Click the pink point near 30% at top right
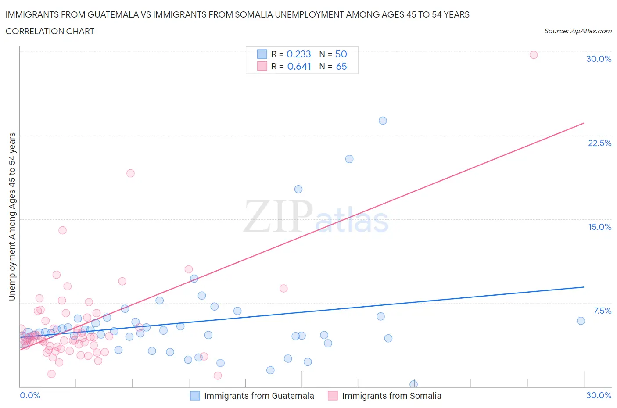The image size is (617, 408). click(534, 55)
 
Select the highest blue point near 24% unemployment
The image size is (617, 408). click(383, 121)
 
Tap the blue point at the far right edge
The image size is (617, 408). click(581, 321)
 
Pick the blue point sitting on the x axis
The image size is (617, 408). click(413, 384)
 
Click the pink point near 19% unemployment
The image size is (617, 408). click(130, 173)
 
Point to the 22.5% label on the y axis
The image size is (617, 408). click(599, 143)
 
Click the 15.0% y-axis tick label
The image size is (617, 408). click(599, 227)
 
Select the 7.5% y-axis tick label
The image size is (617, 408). click(602, 311)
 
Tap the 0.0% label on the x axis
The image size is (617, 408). click(30, 395)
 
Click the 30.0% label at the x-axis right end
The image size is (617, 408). click(599, 395)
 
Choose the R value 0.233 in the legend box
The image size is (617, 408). click(298, 54)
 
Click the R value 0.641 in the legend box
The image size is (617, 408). click(299, 66)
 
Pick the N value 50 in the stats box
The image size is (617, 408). click(341, 54)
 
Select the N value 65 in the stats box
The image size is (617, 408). click(341, 66)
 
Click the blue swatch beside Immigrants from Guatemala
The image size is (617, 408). click(195, 396)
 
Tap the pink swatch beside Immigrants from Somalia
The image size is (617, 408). click(333, 396)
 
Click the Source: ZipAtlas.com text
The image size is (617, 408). click(578, 31)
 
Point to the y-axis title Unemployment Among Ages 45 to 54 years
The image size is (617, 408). click(12, 216)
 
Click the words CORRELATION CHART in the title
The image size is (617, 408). click(50, 31)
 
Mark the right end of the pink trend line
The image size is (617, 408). click(584, 123)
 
